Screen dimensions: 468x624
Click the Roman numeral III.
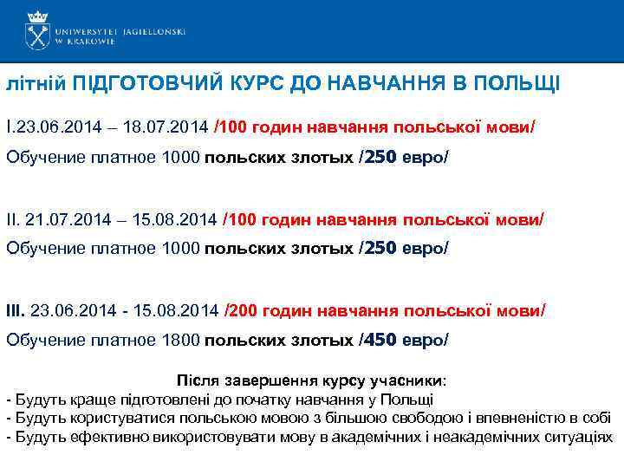pos(16,309)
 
